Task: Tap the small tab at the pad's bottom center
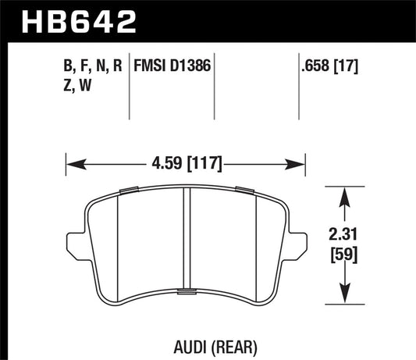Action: coord(187,292)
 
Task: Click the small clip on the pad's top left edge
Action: coord(129,189)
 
